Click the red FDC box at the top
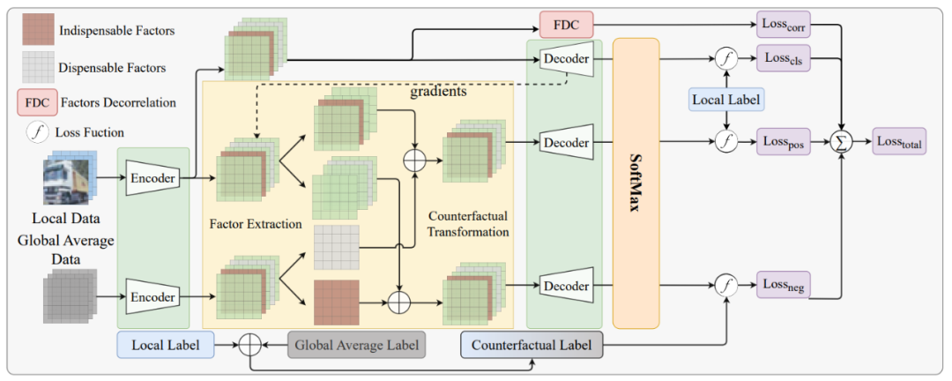pos(566,25)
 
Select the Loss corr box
pos(784,25)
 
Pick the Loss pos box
pos(784,142)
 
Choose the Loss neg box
pos(784,284)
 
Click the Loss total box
pos(899,142)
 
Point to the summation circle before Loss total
pos(843,142)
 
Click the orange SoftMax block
pos(636,183)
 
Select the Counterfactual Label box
pos(532,345)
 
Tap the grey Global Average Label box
pos(357,345)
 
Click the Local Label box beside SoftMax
pos(726,99)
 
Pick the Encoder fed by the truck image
pos(152,178)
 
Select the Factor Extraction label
pos(256,224)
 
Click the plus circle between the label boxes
pos(249,345)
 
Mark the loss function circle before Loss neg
pos(725,285)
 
